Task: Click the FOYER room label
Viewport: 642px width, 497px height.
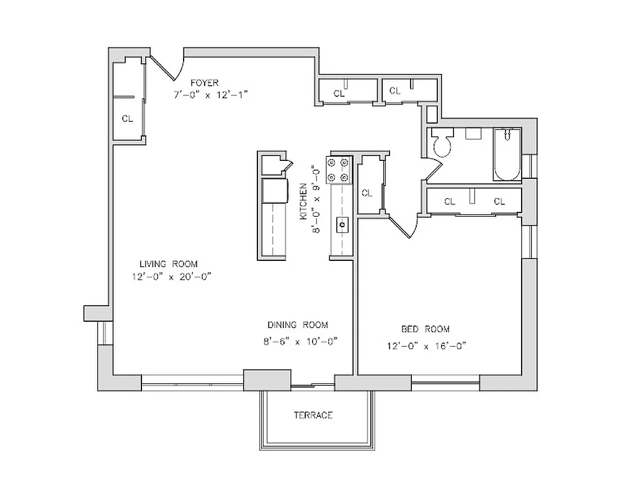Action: point(204,83)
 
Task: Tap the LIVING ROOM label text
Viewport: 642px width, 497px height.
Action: point(168,264)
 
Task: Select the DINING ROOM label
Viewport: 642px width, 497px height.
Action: point(298,325)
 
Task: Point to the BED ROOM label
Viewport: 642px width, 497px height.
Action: point(425,329)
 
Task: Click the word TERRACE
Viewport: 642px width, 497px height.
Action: point(313,415)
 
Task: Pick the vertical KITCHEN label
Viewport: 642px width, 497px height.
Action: point(303,201)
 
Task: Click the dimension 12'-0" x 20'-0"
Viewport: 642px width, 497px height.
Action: point(172,277)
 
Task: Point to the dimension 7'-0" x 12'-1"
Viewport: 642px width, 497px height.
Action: point(210,95)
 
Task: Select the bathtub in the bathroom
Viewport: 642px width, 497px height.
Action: point(507,155)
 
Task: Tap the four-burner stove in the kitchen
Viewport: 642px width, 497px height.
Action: point(339,170)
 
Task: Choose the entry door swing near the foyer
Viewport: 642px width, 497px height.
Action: point(167,67)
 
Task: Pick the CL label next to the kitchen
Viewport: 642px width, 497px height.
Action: point(367,193)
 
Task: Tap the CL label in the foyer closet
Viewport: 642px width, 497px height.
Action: point(127,119)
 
